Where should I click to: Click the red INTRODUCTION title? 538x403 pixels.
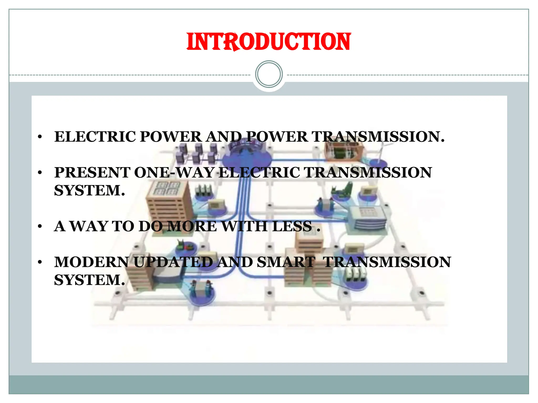[x=268, y=42]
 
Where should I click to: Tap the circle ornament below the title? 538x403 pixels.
[x=269, y=74]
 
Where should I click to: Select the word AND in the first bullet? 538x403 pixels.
[x=224, y=137]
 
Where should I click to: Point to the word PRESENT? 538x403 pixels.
[x=92, y=173]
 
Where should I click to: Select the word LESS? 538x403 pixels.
[x=292, y=226]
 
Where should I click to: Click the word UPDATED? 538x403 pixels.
[x=173, y=262]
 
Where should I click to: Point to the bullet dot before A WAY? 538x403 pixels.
[x=40, y=226]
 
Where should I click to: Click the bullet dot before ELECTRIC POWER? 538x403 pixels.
[x=40, y=137]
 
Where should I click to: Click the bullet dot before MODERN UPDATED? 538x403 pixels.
[x=40, y=262]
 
